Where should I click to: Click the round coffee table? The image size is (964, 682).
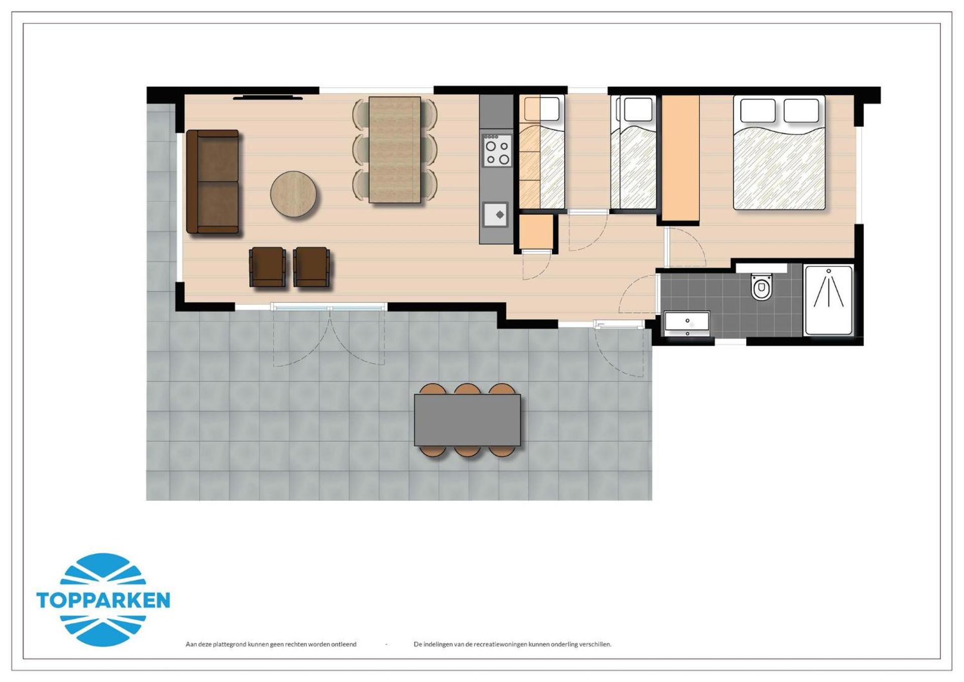[x=293, y=194]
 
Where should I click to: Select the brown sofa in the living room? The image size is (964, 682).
[x=212, y=182]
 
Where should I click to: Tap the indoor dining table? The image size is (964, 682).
[x=395, y=150]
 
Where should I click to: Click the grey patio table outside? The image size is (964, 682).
[x=467, y=420]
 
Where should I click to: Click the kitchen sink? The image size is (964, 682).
[x=496, y=214]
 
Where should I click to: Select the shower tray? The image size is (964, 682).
[x=828, y=300]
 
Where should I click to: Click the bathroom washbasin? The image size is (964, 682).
[x=687, y=322]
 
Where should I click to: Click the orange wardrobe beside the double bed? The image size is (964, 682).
[x=680, y=158]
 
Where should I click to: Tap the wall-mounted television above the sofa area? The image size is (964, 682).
[x=268, y=97]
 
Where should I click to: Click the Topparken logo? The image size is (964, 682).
[x=103, y=600]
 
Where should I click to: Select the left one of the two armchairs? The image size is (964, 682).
[x=267, y=267]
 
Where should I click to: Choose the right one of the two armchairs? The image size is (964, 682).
[x=311, y=267]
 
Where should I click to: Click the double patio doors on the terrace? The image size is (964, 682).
[x=329, y=307]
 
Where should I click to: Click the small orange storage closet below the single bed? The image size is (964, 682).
[x=536, y=232]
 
